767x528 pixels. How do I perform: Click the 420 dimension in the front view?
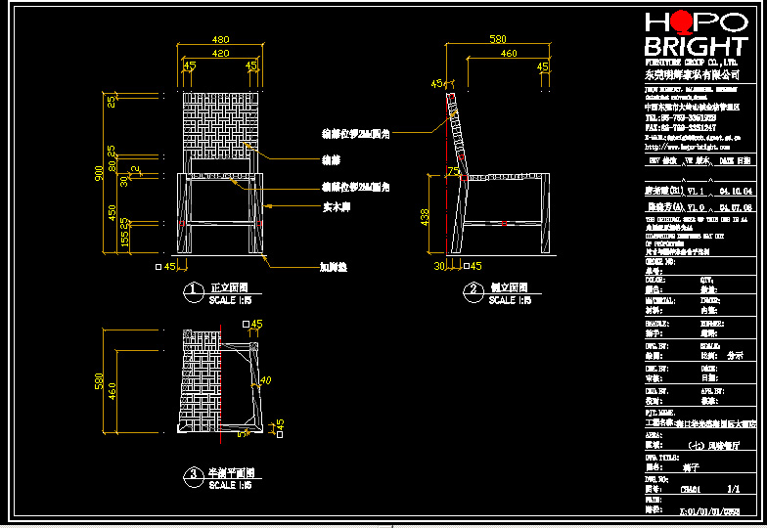[x=220, y=53]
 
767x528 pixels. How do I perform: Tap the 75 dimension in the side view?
[x=452, y=172]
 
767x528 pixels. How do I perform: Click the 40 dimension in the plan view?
[x=267, y=380]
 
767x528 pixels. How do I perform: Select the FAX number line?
[x=681, y=127]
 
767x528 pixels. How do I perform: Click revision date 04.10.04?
[x=736, y=193]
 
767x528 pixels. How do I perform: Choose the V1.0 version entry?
[x=697, y=208]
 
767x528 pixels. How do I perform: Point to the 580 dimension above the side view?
[x=497, y=39]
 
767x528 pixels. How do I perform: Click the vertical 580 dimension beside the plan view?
[x=98, y=379]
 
